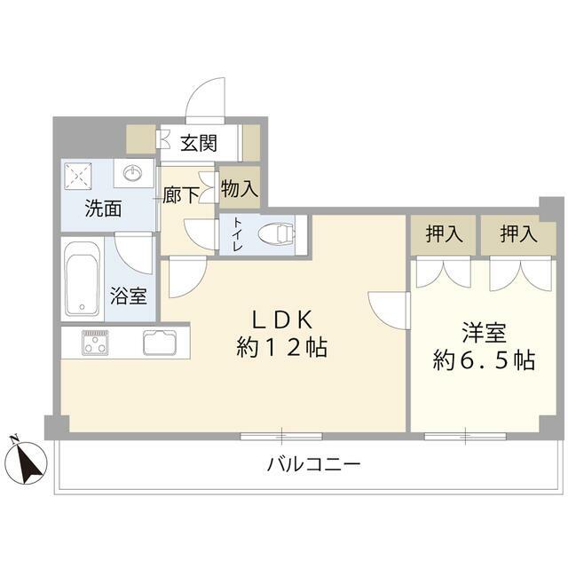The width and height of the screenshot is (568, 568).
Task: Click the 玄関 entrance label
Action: (201, 142)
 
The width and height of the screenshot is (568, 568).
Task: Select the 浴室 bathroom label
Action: (128, 296)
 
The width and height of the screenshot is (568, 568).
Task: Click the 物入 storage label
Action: (239, 189)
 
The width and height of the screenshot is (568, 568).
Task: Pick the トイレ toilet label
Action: (238, 235)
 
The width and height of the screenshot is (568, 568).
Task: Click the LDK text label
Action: (282, 318)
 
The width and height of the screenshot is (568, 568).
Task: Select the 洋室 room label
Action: (483, 333)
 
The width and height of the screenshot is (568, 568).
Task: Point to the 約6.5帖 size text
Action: (483, 361)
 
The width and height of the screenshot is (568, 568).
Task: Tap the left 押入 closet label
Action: (444, 234)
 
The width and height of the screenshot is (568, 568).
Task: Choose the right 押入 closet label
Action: (518, 234)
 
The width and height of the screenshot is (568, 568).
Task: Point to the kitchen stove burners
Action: (95, 342)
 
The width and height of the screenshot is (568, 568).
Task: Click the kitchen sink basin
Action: (162, 342)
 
